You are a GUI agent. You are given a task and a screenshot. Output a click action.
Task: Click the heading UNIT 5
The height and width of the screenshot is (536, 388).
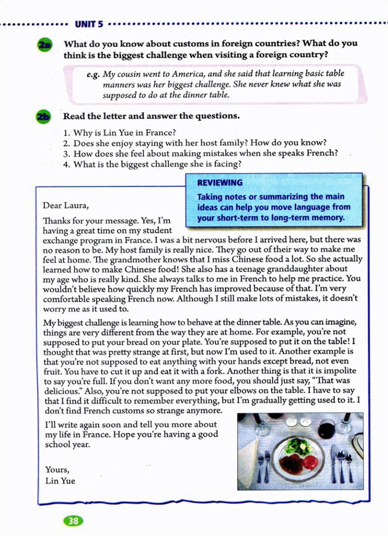[89, 24]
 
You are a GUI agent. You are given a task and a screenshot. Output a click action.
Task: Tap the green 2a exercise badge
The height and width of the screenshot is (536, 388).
[45, 45]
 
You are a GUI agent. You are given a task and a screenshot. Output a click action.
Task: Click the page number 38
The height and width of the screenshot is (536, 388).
[73, 521]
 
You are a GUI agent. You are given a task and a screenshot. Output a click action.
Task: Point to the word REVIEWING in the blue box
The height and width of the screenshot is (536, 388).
[220, 183]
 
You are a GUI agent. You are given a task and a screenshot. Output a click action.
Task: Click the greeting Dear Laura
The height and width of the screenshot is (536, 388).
[66, 205]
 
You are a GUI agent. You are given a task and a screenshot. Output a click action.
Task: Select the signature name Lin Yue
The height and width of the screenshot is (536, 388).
[60, 481]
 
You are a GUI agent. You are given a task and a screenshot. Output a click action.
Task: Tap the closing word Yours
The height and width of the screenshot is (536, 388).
[57, 470]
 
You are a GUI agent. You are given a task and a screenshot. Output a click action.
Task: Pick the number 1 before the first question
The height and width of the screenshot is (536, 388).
[66, 133]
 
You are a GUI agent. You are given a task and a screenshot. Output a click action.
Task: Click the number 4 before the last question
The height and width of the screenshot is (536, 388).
[67, 164]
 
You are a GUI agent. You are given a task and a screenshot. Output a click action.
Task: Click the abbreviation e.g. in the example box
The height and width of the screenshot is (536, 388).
[93, 74]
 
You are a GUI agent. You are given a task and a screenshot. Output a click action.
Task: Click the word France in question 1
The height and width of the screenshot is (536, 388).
[163, 133]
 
